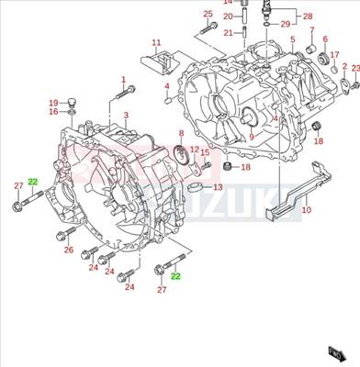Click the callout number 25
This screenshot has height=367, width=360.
pyautogui.click(x=208, y=14)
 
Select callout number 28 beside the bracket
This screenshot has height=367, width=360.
pyautogui.click(x=307, y=17)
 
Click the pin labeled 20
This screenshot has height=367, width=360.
pyautogui.click(x=246, y=16)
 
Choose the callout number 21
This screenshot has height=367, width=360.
pyautogui.click(x=228, y=32)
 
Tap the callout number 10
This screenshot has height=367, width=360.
pyautogui.click(x=306, y=210)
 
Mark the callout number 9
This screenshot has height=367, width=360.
pyautogui.click(x=251, y=138)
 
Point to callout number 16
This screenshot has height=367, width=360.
pyautogui.click(x=53, y=111)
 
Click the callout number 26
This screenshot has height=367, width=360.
pyautogui.click(x=68, y=250)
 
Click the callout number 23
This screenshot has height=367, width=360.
pyautogui.click(x=355, y=68)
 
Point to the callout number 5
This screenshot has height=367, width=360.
pyautogui.click(x=292, y=41)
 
